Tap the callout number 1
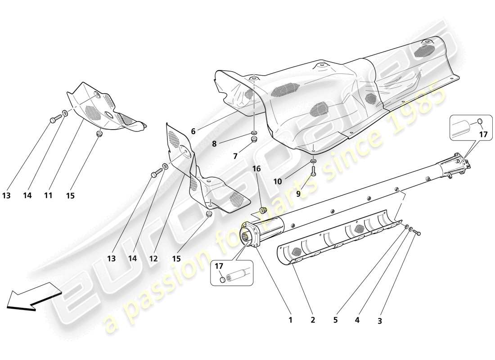pyautogui.click(x=290, y=320)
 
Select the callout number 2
pyautogui.click(x=313, y=320)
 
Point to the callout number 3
pyautogui.click(x=379, y=321)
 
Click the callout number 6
pyautogui.click(x=193, y=131)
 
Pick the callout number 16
pyautogui.click(x=256, y=169)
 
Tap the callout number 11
pyautogui.click(x=48, y=196)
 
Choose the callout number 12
pyautogui.click(x=153, y=259)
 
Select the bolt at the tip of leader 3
pyautogui.click(x=416, y=233)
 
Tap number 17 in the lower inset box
pyautogui.click(x=220, y=266)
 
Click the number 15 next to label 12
pyautogui.click(x=177, y=259)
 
